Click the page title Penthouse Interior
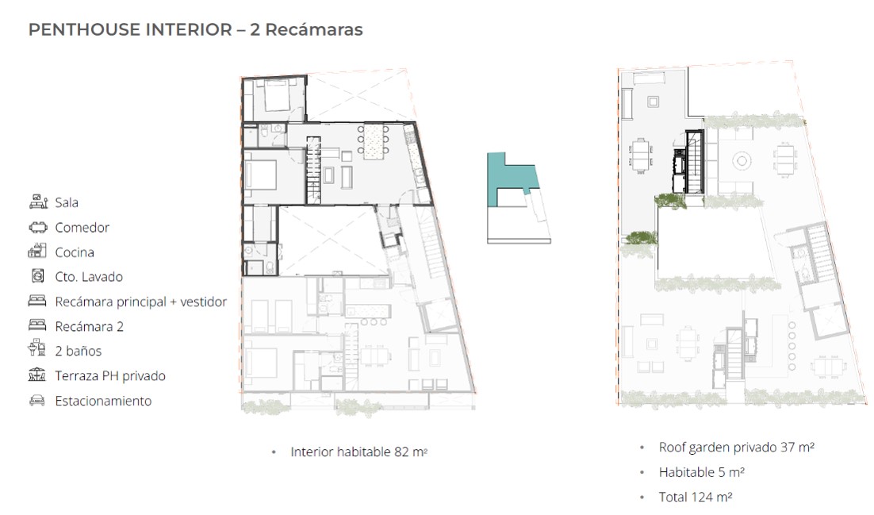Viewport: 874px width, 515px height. (x=130, y=29)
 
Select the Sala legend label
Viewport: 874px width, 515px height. (x=67, y=202)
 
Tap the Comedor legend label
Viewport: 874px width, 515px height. (x=82, y=228)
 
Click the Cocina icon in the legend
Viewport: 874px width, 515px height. (x=37, y=252)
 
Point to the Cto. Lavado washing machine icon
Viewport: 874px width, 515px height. (x=37, y=275)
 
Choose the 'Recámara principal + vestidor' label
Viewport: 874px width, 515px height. (x=140, y=302)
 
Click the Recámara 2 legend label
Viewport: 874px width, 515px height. (x=89, y=326)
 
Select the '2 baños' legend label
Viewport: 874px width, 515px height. (x=78, y=351)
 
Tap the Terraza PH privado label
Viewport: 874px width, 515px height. (x=109, y=376)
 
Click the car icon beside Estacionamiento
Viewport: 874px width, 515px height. (x=37, y=401)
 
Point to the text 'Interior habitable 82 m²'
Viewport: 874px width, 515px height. (x=358, y=452)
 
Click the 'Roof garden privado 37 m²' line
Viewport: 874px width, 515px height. (x=736, y=448)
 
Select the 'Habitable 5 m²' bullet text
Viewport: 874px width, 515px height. (x=701, y=473)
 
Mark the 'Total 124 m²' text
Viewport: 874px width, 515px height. (x=695, y=497)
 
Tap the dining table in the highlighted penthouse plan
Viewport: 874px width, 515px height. (x=374, y=141)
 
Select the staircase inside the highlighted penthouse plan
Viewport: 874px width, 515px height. (x=313, y=170)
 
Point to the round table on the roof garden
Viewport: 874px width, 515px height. (x=742, y=161)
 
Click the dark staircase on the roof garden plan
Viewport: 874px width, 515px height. (x=694, y=162)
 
